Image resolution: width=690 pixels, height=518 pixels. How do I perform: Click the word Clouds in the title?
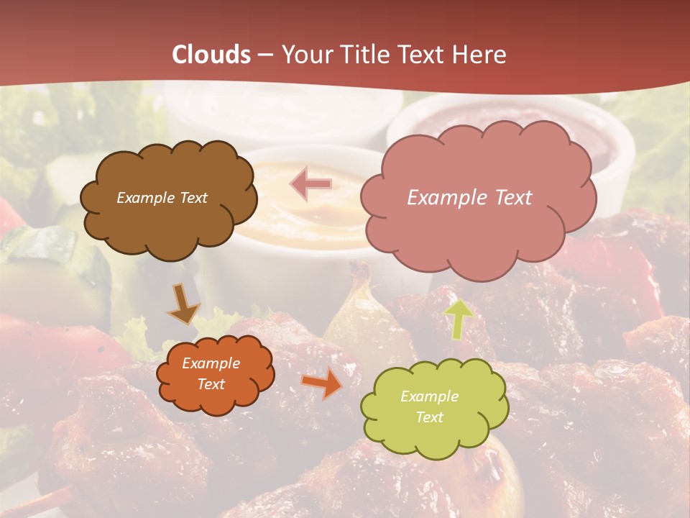pos(211,55)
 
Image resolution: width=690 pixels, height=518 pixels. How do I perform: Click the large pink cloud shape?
pos(477,230)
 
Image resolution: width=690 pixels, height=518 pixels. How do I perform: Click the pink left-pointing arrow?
pos(311,184)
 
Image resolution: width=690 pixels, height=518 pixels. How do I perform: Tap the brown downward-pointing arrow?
pos(184,304)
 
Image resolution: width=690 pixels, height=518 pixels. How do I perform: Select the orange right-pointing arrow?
pos(322,383)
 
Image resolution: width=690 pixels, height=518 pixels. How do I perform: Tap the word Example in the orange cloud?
pos(211,363)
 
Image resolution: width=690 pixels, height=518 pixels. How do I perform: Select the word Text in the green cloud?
pos(429,417)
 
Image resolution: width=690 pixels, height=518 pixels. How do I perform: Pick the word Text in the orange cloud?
pos(211,384)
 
